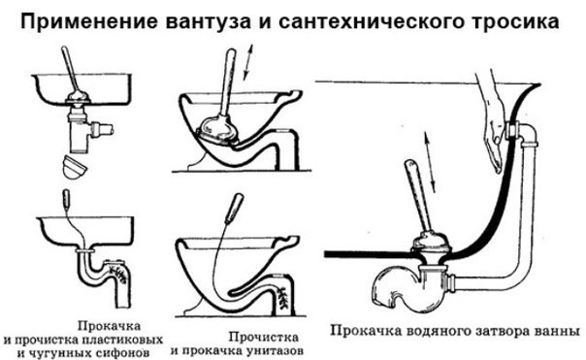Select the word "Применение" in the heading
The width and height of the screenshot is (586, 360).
89,22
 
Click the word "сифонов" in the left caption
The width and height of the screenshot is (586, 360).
122,352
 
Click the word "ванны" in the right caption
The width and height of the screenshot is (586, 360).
558,331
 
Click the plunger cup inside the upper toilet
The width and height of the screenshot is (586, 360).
217,132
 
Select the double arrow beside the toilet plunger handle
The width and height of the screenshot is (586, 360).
248,62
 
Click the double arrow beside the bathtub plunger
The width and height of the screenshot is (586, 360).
430,162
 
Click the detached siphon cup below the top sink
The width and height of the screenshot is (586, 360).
75,166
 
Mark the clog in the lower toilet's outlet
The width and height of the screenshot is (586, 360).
283,296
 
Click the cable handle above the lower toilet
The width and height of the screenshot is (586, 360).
234,208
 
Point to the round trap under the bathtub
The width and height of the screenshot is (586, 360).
392,288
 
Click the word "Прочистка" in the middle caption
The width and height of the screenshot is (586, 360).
264,337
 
